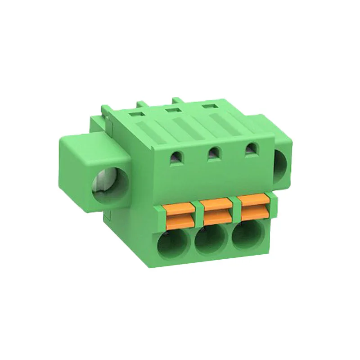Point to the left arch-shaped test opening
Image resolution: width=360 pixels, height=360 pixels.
coord(176,157)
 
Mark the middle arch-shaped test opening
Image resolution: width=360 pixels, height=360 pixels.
coord(214,153)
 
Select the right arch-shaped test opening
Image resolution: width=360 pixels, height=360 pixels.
coord(250,149)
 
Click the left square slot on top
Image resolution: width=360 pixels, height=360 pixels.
coord(135,115)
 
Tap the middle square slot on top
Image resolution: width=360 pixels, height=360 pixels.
coord(171,111)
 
